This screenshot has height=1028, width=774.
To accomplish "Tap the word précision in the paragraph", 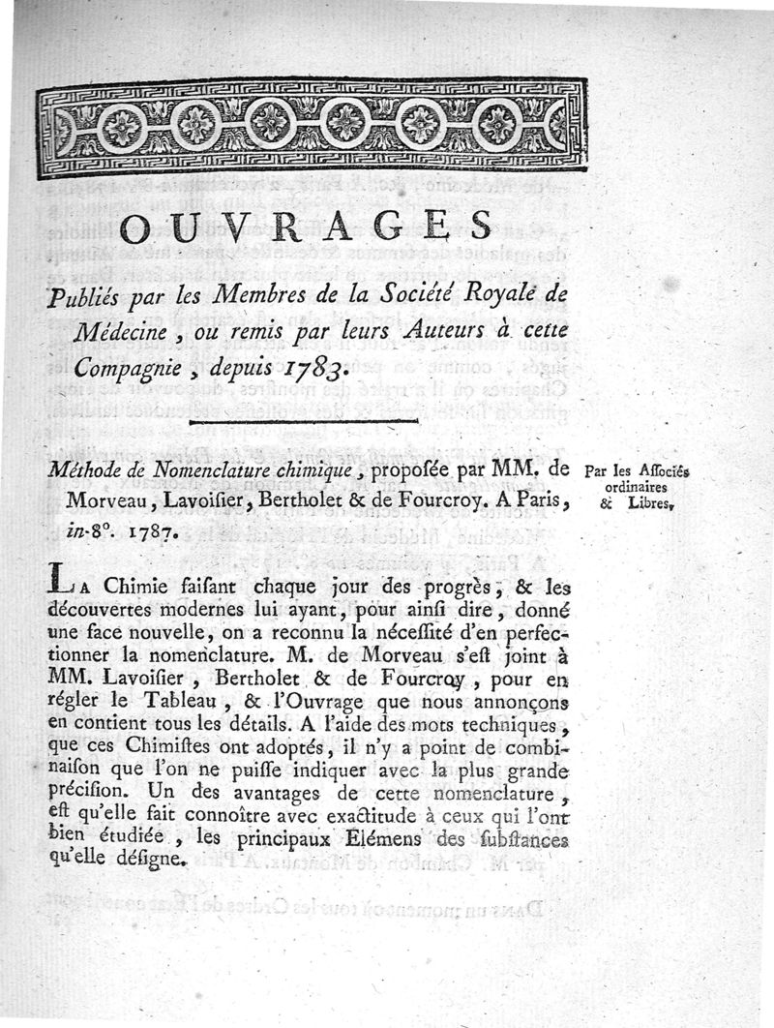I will [x=86, y=793].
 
